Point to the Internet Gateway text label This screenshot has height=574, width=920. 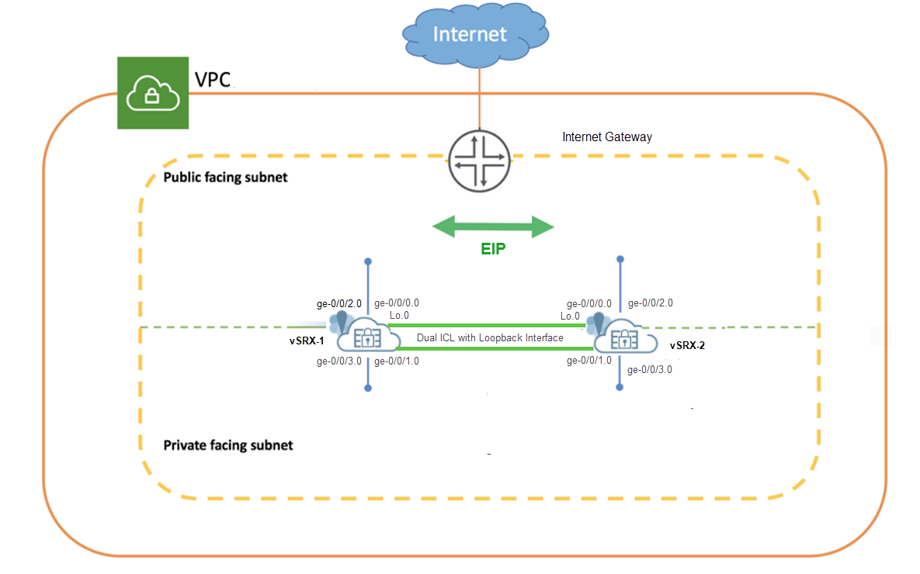[607, 137]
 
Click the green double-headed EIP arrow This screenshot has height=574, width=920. [493, 227]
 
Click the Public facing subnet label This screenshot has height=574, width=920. [225, 178]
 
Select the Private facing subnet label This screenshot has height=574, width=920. [228, 445]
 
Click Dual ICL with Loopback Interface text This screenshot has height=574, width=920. [490, 337]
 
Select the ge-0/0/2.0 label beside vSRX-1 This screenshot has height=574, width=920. [338, 303]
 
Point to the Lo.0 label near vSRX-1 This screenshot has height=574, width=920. [399, 316]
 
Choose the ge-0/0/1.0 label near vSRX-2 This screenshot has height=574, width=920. [589, 360]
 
